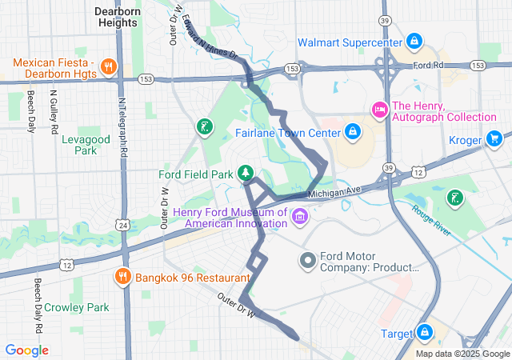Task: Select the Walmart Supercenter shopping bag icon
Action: pos(414,41)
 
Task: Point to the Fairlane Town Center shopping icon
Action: pos(352,130)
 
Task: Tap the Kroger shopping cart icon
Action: pos(494,140)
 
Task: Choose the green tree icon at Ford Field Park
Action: pos(246,173)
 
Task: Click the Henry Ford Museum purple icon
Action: pos(299,217)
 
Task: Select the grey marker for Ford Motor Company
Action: pos(308,261)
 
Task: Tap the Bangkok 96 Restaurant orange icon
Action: pos(122,277)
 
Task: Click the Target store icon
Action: pos(423,332)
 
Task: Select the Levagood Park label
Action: pos(79,144)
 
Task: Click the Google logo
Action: pos(26,350)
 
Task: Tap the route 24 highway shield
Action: pos(122,226)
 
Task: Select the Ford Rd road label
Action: pos(428,64)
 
